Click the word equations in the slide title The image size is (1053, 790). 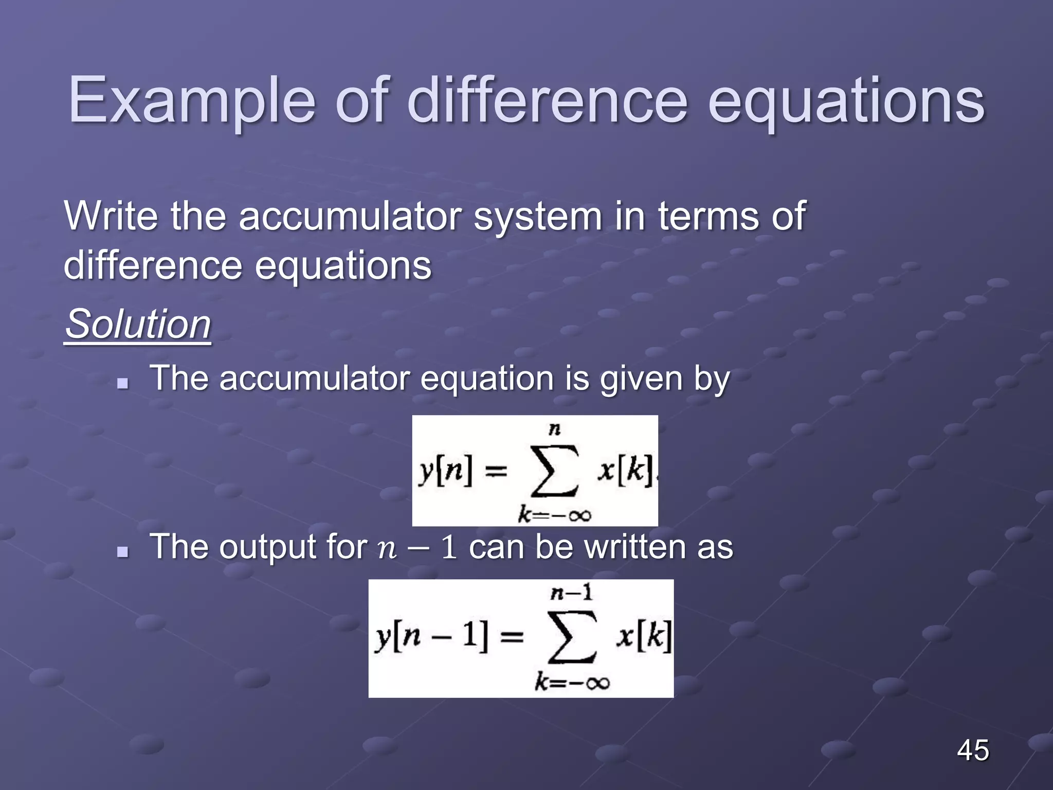pyautogui.click(x=846, y=101)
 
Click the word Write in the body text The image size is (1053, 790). pyautogui.click(x=111, y=216)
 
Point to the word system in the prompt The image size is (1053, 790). pyautogui.click(x=538, y=216)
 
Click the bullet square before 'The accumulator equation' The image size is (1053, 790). pyautogui.click(x=122, y=383)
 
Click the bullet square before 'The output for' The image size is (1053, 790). pyautogui.click(x=122, y=551)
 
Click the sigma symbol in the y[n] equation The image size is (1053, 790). pyautogui.click(x=554, y=471)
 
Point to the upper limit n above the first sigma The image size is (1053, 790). pyautogui.click(x=554, y=429)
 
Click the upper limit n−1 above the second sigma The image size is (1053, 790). pyautogui.click(x=572, y=594)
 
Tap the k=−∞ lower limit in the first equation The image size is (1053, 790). pyautogui.click(x=554, y=514)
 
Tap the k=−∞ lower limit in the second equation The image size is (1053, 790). pyautogui.click(x=572, y=683)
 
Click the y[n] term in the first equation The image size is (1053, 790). pyautogui.click(x=445, y=471)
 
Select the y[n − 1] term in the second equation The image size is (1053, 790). pyautogui.click(x=432, y=638)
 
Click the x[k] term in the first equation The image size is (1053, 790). pyautogui.click(x=625, y=470)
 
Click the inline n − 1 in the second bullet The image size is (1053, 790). pyautogui.click(x=417, y=547)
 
